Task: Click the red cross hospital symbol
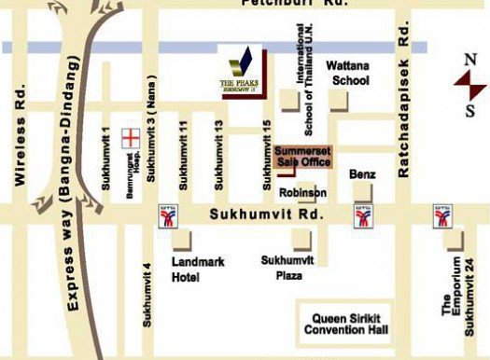[132, 138]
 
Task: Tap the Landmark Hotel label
[198, 269]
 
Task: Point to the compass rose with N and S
[469, 82]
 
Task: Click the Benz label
[361, 174]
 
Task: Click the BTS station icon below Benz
[362, 217]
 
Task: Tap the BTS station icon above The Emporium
[442, 217]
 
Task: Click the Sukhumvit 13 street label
[219, 154]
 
